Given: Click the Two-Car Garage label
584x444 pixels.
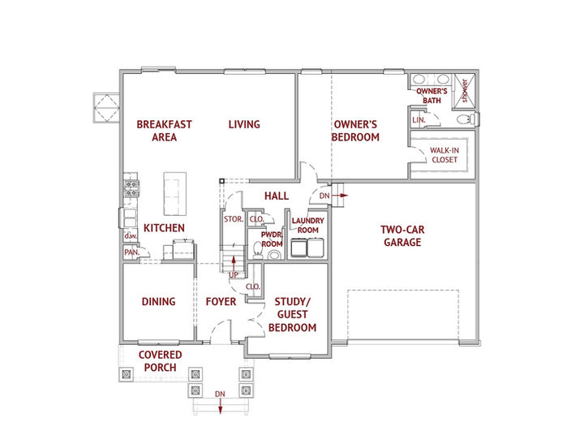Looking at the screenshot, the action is (x=403, y=235).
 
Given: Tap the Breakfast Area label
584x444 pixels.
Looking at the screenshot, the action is (x=164, y=131).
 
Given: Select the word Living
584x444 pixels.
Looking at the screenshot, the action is (x=243, y=124).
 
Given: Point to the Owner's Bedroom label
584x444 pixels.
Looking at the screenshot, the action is (x=355, y=131).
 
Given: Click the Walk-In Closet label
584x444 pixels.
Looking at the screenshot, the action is (x=443, y=155).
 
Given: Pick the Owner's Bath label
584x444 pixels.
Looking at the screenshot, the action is (x=432, y=96).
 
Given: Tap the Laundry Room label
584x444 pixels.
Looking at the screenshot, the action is (x=307, y=226).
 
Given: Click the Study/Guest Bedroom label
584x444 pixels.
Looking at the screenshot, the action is (x=292, y=314).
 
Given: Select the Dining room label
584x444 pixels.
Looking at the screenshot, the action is (x=158, y=302).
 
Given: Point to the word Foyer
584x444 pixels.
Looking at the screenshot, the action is (x=221, y=302).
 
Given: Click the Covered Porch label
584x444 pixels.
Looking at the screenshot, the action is (x=160, y=361).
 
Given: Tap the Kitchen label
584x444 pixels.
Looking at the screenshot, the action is (x=164, y=228).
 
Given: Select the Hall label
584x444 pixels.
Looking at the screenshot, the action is (x=277, y=196).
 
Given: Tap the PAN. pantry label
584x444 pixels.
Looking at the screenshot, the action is (x=130, y=252).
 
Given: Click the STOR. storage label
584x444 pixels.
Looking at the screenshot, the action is (x=233, y=219).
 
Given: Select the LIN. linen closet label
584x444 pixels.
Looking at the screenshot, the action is (x=419, y=119).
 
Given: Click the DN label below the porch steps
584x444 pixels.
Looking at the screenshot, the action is (x=219, y=394).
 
